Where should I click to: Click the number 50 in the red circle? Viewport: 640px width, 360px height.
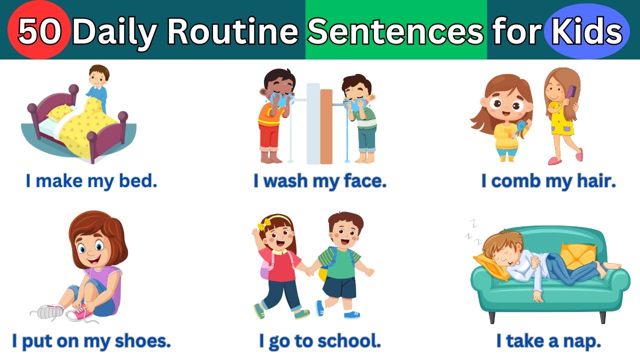click(40, 31)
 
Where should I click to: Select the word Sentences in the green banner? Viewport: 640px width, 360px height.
click(395, 31)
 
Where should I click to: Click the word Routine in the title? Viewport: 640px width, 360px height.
click(232, 31)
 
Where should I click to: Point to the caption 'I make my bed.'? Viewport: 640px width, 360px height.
click(91, 181)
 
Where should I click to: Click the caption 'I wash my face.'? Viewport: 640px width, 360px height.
click(320, 181)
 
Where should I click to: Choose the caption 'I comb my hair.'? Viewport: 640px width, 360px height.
click(548, 181)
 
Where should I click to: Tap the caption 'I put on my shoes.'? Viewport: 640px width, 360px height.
click(91, 341)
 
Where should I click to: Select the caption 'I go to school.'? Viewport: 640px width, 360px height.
click(320, 341)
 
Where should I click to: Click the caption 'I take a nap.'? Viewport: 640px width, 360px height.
click(548, 341)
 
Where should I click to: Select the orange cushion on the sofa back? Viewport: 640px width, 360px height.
click(578, 255)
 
